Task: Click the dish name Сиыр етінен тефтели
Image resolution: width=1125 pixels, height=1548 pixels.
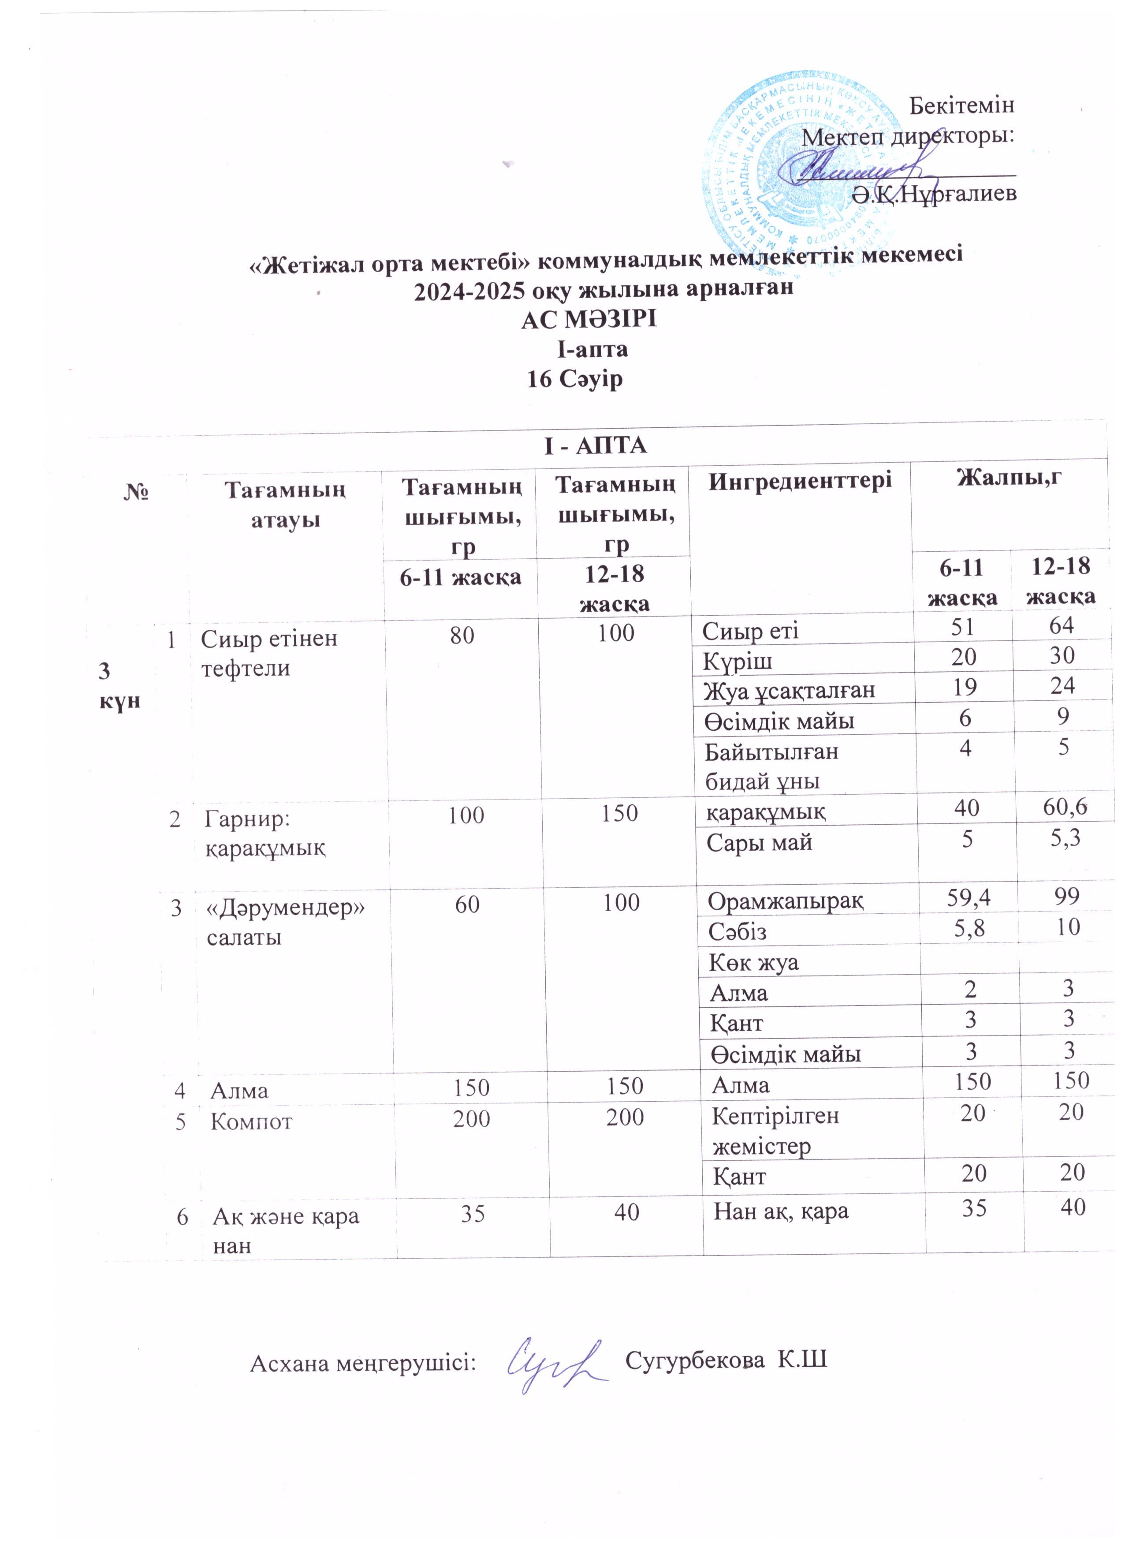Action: click(x=269, y=653)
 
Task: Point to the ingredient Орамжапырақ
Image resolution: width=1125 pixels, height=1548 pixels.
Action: click(x=785, y=901)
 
